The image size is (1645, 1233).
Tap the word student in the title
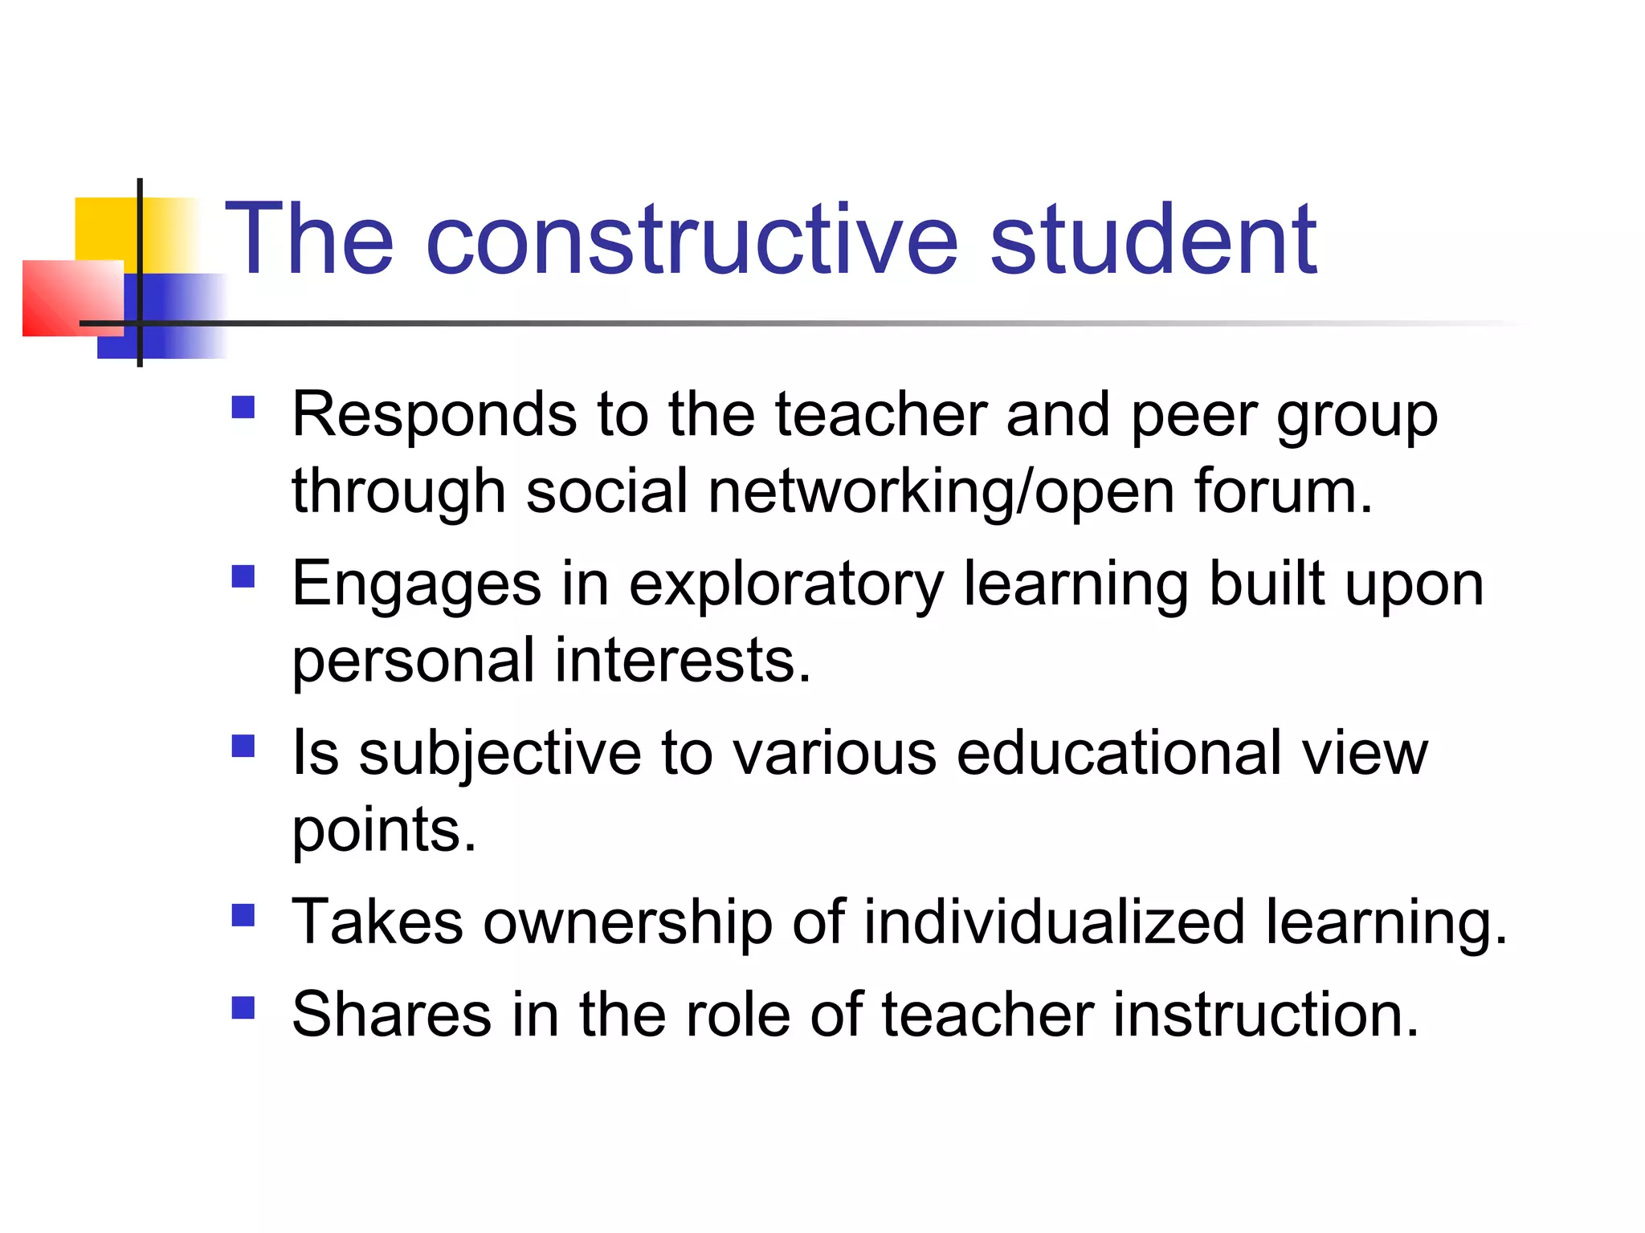[1153, 239]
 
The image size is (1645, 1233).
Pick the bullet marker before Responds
[243, 407]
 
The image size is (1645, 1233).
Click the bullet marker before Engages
[243, 576]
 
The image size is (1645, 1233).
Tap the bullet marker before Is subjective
[243, 746]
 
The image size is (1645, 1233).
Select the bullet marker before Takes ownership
[243, 915]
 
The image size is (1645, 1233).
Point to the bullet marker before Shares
[243, 1007]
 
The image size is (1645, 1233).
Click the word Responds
[434, 416]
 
